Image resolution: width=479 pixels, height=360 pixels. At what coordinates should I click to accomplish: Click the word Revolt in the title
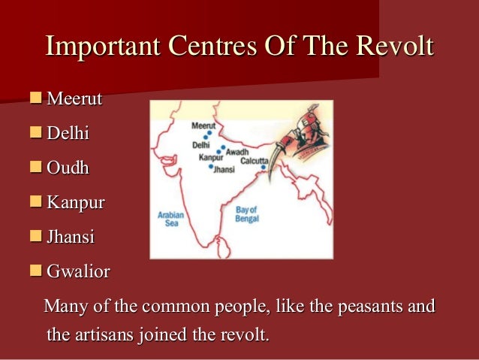(x=394, y=46)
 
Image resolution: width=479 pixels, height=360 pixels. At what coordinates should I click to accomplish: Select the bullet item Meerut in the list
(x=74, y=98)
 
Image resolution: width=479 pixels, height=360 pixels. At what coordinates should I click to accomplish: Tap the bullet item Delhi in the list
(x=68, y=133)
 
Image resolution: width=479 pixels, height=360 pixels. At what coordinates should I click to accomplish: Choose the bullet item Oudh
(x=68, y=168)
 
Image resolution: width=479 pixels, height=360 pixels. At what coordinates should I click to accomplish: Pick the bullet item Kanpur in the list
(x=75, y=202)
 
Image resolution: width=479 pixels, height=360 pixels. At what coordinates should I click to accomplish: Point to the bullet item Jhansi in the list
(x=71, y=237)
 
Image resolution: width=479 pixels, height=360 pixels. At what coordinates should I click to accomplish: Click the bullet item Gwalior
(x=78, y=271)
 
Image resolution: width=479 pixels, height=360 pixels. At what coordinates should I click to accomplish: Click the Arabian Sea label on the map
(x=170, y=218)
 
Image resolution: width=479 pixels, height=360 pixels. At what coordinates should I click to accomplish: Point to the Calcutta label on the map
(x=254, y=161)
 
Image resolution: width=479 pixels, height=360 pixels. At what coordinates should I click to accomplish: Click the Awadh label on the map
(x=236, y=151)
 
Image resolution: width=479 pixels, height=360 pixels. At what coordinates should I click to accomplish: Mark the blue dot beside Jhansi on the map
(x=211, y=167)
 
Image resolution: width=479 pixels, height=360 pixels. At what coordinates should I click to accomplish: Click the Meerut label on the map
(x=203, y=126)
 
